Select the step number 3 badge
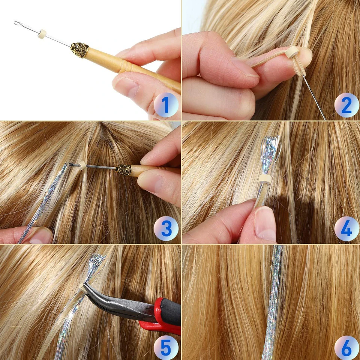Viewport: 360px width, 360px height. [x=166, y=228]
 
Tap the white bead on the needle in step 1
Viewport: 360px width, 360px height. [x=43, y=33]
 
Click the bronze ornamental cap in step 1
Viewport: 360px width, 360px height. [x=79, y=50]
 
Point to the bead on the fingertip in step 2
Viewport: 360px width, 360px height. [x=292, y=52]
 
